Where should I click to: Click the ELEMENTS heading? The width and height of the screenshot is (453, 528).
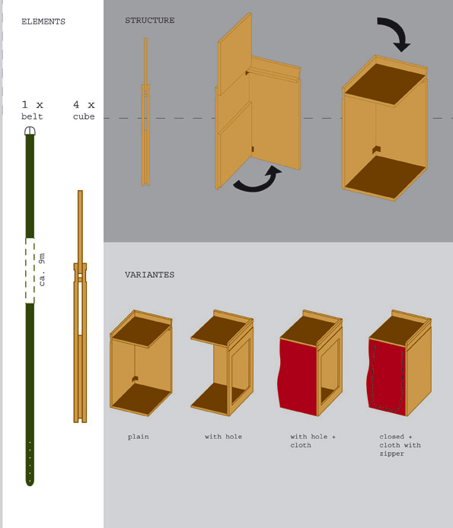point(43,21)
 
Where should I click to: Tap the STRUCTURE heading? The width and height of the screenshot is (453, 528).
point(150,21)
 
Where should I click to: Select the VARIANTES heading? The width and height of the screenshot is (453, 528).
point(150,275)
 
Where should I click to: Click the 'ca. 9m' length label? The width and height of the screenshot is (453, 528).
point(42,269)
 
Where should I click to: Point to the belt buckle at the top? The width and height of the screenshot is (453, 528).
point(30,131)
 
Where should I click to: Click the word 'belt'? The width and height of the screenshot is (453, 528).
point(32,116)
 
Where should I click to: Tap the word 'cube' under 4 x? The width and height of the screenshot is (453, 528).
point(84,116)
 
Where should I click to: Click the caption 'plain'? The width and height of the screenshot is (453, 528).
point(139,437)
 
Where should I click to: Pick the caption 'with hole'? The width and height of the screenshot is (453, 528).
point(223,437)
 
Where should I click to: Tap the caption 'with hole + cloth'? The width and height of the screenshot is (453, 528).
point(313,441)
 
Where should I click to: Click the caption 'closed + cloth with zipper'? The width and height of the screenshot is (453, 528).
point(400,445)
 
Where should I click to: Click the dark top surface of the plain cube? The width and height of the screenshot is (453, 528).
point(142,331)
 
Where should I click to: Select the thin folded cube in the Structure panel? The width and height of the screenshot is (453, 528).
point(145,112)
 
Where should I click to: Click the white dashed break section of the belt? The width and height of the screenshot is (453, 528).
point(30,271)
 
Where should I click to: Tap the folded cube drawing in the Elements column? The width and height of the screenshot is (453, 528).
point(80,307)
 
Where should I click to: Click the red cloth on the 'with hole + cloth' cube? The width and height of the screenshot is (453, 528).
point(298,377)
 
